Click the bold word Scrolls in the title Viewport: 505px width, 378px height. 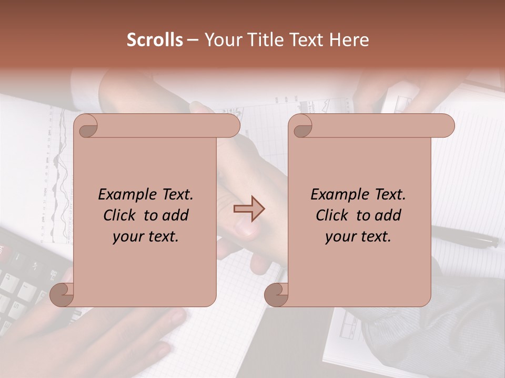click(x=155, y=40)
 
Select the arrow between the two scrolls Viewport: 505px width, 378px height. click(x=249, y=209)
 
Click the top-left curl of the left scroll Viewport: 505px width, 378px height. click(x=86, y=127)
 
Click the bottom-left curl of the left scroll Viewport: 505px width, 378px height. click(x=62, y=295)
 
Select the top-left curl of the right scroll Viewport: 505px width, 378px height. click(x=301, y=127)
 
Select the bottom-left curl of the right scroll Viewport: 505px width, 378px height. click(x=276, y=295)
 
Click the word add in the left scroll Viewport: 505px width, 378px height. click(x=176, y=215)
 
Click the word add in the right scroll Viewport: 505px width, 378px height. click(x=389, y=215)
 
